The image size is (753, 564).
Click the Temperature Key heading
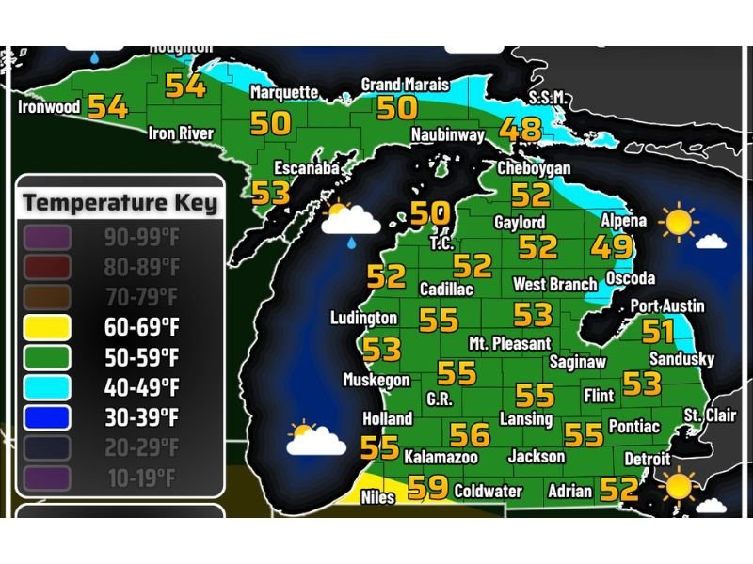(120, 202)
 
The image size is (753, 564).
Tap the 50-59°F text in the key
(142, 358)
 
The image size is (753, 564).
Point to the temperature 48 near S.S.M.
(521, 129)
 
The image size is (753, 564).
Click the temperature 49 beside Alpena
(612, 248)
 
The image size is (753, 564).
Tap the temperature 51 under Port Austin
(658, 331)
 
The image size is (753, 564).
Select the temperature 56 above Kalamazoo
(470, 434)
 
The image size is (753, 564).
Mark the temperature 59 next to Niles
(428, 487)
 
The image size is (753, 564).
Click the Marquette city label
(283, 92)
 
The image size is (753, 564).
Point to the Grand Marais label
(405, 85)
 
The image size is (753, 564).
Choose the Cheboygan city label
(534, 167)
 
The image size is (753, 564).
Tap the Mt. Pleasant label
(509, 343)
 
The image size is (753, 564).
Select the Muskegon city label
(376, 381)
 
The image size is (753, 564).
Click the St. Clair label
(710, 415)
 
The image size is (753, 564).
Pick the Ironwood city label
(49, 107)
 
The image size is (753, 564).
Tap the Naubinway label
(447, 135)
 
